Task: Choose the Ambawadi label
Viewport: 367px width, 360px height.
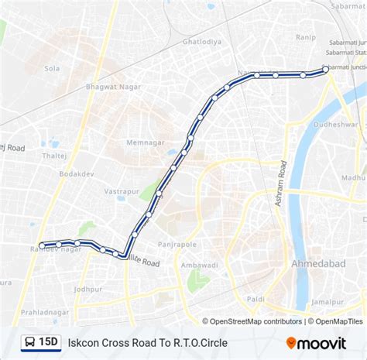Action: coord(198,264)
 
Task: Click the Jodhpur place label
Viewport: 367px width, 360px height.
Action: coord(88,289)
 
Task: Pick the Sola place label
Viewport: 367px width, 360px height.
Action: coord(52,68)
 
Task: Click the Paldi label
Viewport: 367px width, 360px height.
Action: coord(256,298)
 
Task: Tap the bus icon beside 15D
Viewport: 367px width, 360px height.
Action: coord(29,341)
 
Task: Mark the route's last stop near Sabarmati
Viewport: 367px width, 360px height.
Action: coord(325,70)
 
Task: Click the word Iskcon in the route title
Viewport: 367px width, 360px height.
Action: coord(85,341)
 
